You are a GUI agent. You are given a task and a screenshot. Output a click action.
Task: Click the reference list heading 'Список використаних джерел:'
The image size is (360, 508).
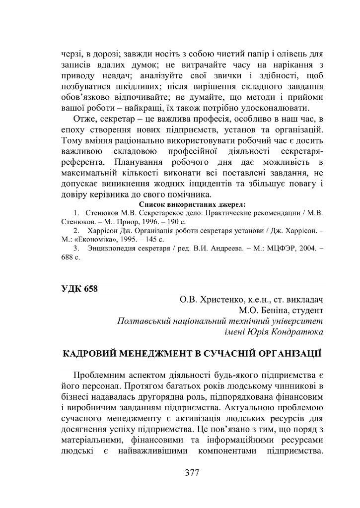click(x=193, y=203)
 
